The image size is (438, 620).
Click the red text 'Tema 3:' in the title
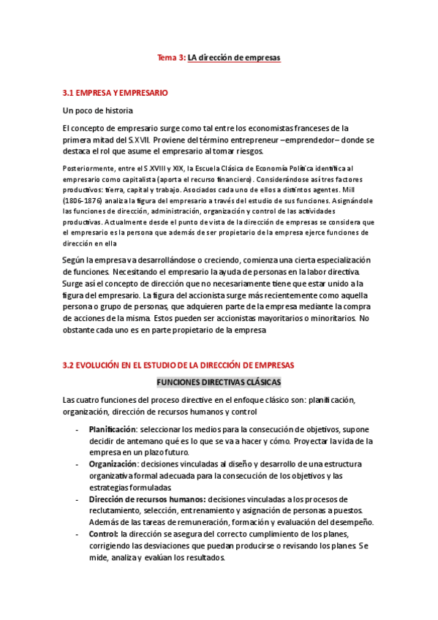click(x=173, y=56)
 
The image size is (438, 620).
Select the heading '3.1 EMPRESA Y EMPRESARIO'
click(x=116, y=93)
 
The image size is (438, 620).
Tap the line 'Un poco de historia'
click(x=98, y=110)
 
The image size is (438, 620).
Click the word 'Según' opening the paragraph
click(x=75, y=260)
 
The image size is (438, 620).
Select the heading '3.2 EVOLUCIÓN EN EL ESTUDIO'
click(x=178, y=365)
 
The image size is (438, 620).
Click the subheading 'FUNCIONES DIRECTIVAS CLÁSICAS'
click(x=219, y=382)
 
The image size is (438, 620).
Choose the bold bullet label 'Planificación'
click(x=113, y=429)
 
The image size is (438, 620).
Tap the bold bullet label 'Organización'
click(x=113, y=464)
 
